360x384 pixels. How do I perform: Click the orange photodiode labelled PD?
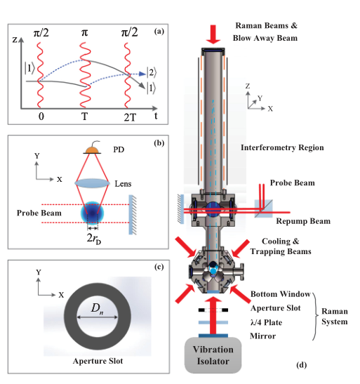tap(92, 150)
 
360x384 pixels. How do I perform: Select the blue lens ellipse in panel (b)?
tap(92, 183)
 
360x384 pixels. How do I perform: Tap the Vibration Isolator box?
tap(213, 355)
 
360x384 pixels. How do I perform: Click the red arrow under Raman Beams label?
tap(213, 34)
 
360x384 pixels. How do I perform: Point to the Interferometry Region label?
tap(282, 147)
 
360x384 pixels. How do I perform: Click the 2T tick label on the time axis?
tap(130, 118)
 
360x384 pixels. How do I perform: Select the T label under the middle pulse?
tap(84, 117)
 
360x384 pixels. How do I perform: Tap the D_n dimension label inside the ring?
tap(97, 309)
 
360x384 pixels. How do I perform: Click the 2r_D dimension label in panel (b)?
tap(94, 238)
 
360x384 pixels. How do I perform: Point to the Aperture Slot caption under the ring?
tap(98, 361)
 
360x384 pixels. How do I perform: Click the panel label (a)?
tap(159, 32)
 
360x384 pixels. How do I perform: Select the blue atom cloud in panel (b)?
tap(92, 213)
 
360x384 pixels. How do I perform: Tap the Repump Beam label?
tap(303, 221)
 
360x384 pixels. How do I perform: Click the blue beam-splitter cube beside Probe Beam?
tap(264, 208)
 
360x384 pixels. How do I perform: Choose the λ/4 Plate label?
tap(266, 322)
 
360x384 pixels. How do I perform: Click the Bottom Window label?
tap(281, 294)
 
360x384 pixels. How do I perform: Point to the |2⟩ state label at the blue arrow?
tap(152, 73)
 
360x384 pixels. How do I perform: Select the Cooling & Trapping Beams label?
tap(281, 246)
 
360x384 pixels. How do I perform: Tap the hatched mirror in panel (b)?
tap(133, 215)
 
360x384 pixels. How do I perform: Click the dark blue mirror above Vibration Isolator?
tap(213, 336)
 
